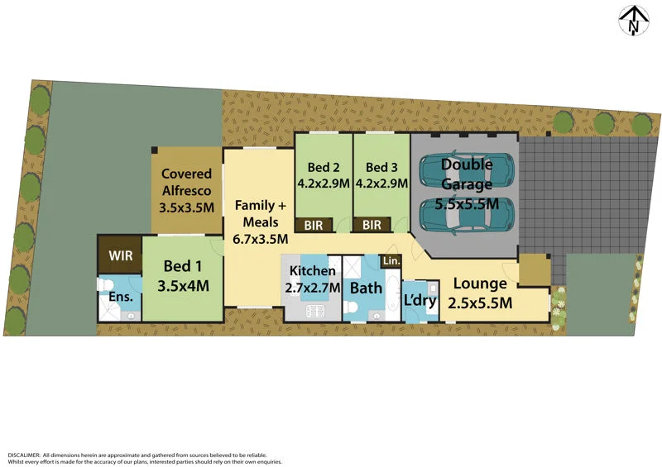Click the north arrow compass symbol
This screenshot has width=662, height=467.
635,21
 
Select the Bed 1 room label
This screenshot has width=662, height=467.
182,277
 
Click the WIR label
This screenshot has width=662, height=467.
120,255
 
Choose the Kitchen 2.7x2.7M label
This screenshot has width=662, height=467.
312,279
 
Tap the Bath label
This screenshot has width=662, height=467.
366,288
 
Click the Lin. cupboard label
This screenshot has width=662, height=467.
391,261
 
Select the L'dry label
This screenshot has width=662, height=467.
419,300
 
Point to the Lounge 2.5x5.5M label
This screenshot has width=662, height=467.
480,293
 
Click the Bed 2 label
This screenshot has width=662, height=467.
323,174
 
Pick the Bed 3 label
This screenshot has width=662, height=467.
381,174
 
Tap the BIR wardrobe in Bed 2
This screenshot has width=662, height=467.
314,224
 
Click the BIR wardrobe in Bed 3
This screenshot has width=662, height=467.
372,224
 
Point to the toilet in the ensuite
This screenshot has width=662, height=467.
105,286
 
